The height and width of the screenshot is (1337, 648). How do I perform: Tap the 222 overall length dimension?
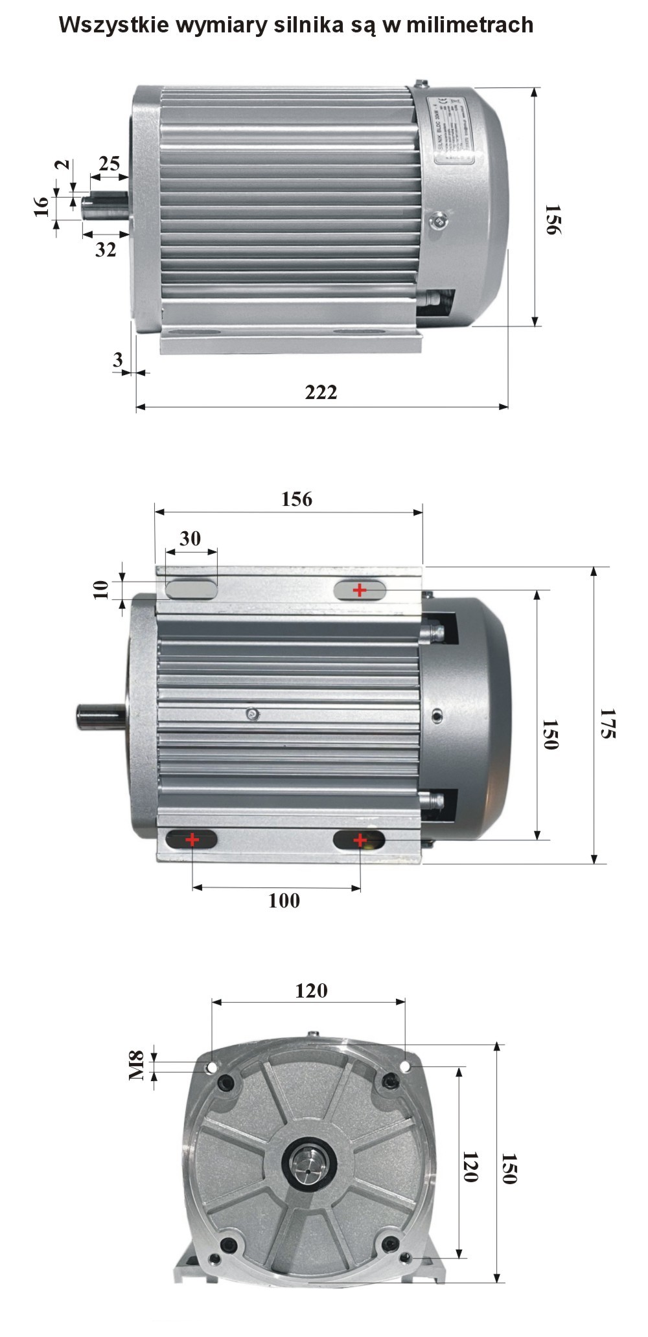(x=321, y=392)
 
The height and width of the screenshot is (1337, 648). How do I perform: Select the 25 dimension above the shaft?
(x=109, y=163)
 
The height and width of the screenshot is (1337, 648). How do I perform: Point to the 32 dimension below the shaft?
(x=106, y=249)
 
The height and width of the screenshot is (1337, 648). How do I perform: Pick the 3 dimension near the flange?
(x=117, y=360)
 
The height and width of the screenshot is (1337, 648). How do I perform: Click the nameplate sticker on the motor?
(x=453, y=130)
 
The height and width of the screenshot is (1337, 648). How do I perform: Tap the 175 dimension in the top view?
(x=607, y=723)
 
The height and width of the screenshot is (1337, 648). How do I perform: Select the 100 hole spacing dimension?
(x=284, y=900)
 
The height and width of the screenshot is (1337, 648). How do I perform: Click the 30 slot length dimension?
(x=190, y=538)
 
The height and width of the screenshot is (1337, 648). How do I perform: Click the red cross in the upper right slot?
(x=360, y=590)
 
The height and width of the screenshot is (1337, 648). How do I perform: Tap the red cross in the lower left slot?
(x=192, y=840)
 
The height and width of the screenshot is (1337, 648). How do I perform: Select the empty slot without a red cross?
(x=191, y=589)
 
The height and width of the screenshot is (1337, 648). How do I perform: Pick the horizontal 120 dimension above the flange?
(x=311, y=990)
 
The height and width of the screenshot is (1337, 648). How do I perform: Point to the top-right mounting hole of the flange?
(x=405, y=1066)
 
